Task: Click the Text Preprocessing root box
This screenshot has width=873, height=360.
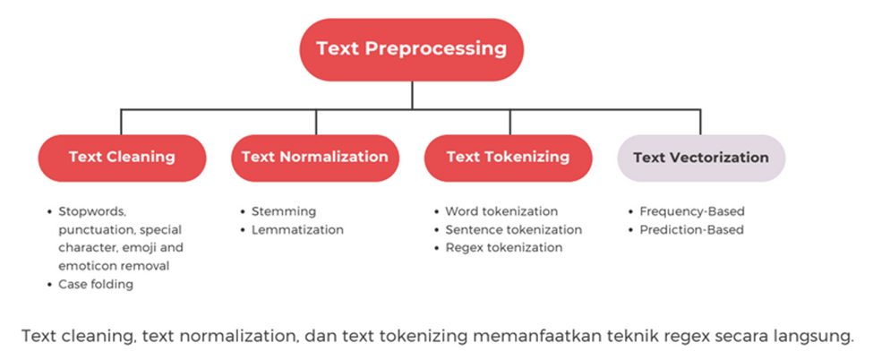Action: tap(412, 49)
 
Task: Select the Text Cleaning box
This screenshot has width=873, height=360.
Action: tap(122, 158)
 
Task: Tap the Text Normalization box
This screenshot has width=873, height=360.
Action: tap(315, 158)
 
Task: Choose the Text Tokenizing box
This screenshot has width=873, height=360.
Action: tap(509, 158)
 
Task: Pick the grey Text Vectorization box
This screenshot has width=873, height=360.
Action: tap(701, 158)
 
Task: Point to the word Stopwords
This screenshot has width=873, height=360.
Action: tap(93, 211)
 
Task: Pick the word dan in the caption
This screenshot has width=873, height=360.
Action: tap(319, 337)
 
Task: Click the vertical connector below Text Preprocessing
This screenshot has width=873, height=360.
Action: tap(412, 95)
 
